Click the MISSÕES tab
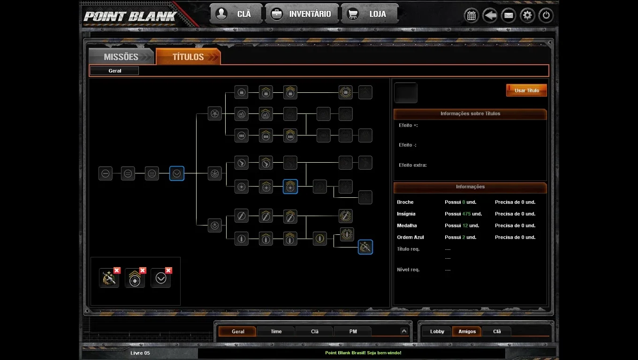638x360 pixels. (122, 57)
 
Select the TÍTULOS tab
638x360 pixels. (188, 57)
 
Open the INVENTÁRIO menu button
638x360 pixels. (302, 14)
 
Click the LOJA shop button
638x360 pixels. (369, 14)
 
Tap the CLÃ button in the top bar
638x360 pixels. (236, 14)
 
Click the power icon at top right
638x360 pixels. (546, 15)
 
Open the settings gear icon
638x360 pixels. (527, 15)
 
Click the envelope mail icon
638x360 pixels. (509, 15)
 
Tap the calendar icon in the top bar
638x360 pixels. (471, 15)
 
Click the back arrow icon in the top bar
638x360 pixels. (490, 15)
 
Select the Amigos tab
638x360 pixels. (467, 331)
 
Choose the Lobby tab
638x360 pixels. (437, 331)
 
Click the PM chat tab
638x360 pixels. (353, 331)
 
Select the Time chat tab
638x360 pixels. (276, 331)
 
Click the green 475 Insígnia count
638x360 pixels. (466, 214)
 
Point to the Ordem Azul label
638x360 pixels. (410, 237)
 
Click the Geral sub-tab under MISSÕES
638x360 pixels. (114, 71)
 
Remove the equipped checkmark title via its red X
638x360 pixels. (168, 270)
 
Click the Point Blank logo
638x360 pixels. (130, 16)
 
